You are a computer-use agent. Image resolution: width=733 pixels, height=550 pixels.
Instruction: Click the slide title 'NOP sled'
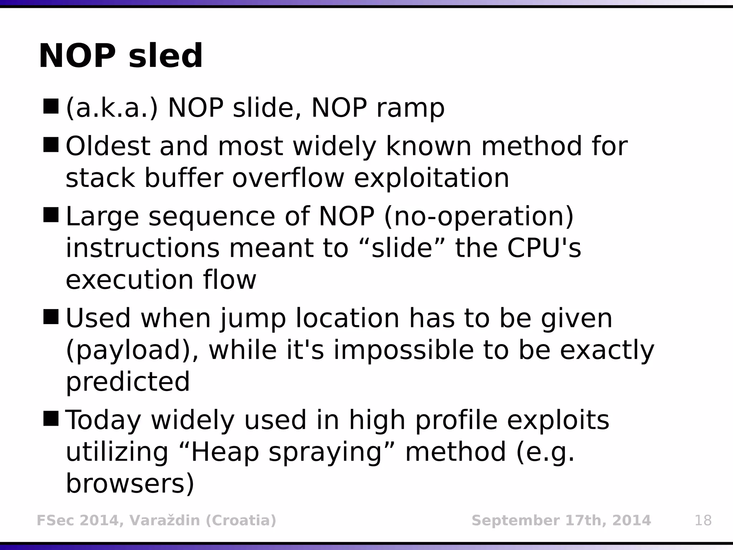(x=121, y=56)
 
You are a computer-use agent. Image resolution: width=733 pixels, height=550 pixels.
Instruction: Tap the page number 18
(x=703, y=520)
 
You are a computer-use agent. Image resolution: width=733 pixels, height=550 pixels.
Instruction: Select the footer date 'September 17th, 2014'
(x=561, y=520)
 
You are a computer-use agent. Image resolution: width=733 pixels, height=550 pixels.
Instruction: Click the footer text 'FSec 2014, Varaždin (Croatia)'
(x=156, y=520)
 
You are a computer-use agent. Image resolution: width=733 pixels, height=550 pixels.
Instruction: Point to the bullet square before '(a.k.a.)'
(x=50, y=106)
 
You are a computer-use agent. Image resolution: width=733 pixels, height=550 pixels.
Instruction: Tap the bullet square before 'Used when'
(x=50, y=317)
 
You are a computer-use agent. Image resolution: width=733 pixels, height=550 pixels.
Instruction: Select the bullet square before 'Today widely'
(x=50, y=419)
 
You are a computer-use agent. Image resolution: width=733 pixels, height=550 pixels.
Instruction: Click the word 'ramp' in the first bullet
(x=410, y=108)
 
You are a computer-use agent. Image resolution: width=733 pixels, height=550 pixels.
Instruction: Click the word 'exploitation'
(x=431, y=178)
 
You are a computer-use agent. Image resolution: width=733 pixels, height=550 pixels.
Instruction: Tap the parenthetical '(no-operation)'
(x=479, y=217)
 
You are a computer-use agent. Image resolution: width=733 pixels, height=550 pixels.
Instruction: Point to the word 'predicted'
(x=128, y=382)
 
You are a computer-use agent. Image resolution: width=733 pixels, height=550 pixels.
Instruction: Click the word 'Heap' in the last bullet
(x=225, y=452)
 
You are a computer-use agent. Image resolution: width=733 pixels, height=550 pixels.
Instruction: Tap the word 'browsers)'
(x=130, y=484)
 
